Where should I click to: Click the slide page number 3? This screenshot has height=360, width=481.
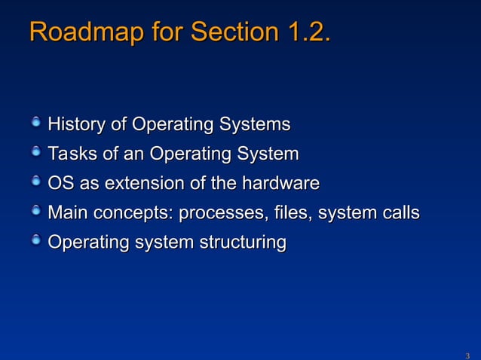pyautogui.click(x=467, y=354)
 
